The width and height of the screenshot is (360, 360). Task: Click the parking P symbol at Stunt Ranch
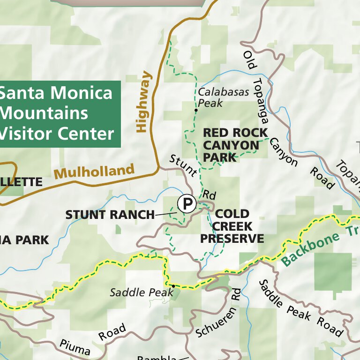[x=187, y=204]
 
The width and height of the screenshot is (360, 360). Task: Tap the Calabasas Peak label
[x=223, y=97]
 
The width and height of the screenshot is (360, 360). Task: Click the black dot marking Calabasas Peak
[x=196, y=111]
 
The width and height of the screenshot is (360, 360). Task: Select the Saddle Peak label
[x=135, y=292]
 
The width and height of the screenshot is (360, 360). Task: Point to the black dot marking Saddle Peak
[x=173, y=285]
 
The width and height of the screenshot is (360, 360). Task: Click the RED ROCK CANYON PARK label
[x=235, y=145]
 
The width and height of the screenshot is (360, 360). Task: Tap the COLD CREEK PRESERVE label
[x=232, y=226]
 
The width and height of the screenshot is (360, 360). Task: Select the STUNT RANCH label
[x=110, y=215]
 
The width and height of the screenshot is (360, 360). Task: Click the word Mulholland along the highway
[x=94, y=172]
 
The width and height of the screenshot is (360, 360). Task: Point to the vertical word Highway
[x=143, y=102]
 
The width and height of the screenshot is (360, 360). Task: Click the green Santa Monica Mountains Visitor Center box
[x=59, y=114]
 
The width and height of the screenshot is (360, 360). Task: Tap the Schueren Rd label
[x=217, y=315]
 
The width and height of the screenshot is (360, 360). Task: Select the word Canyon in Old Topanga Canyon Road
[x=283, y=152]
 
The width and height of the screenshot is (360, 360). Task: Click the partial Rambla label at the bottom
[x=157, y=358]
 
